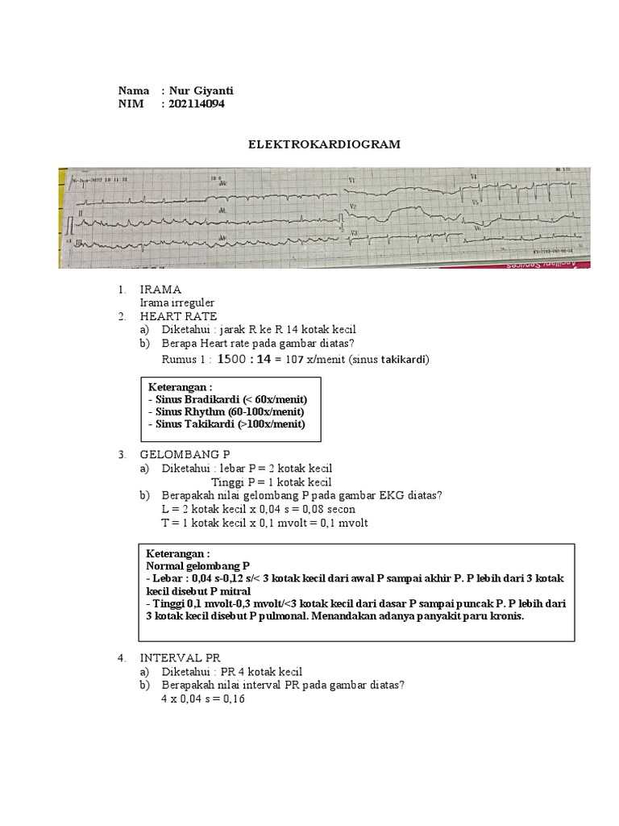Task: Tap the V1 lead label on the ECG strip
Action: [351, 179]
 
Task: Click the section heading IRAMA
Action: [160, 289]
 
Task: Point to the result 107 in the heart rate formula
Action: [300, 359]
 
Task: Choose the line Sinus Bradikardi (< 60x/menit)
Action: [228, 399]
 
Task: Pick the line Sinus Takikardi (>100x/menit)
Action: [226, 424]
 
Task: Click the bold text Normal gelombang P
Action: [197, 566]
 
